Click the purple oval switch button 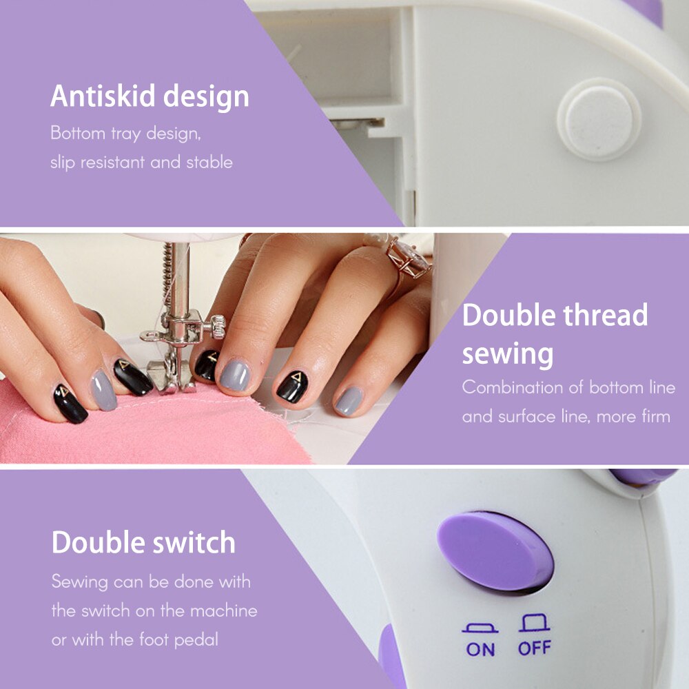[x=495, y=551]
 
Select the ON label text [x=480, y=649]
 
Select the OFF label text [x=534, y=649]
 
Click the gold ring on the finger [x=408, y=259]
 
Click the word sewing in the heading [x=507, y=354]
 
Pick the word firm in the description [x=655, y=416]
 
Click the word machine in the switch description [x=223, y=610]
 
